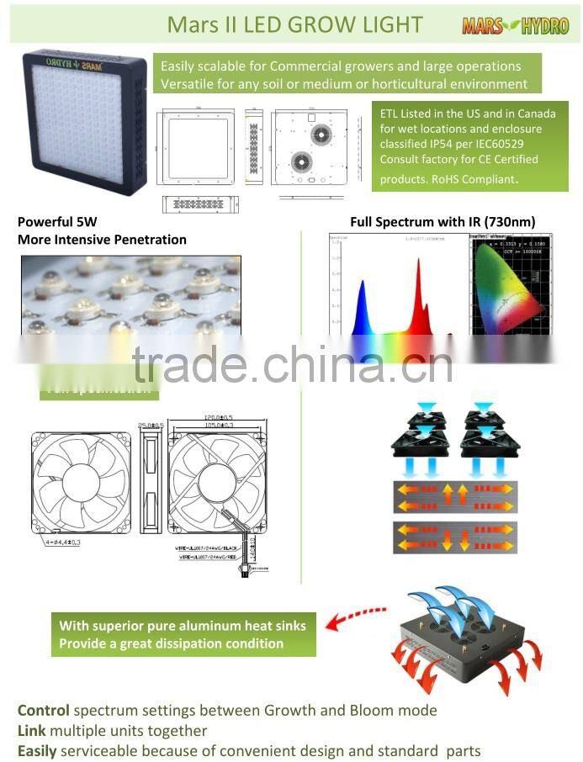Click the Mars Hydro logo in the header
(515, 26)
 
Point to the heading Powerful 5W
(57, 222)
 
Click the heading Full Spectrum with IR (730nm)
(443, 222)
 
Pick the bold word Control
(43, 710)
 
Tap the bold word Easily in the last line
(39, 750)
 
